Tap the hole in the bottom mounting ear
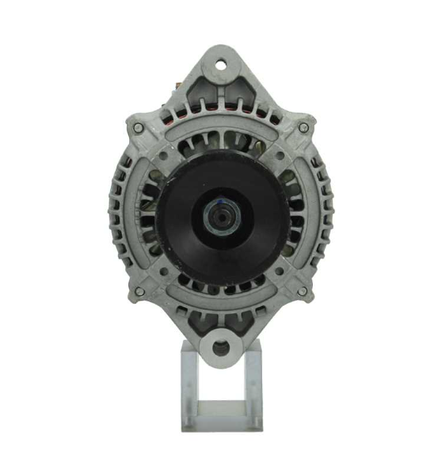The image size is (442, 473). [x=220, y=346]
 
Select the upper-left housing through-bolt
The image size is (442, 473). [x=139, y=127]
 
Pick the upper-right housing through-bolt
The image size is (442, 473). [x=303, y=127]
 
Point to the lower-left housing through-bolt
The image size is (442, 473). [x=139, y=292]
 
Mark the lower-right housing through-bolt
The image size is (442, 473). [x=302, y=292]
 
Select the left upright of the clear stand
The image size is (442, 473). [x=189, y=388]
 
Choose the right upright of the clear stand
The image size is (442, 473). [x=254, y=388]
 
